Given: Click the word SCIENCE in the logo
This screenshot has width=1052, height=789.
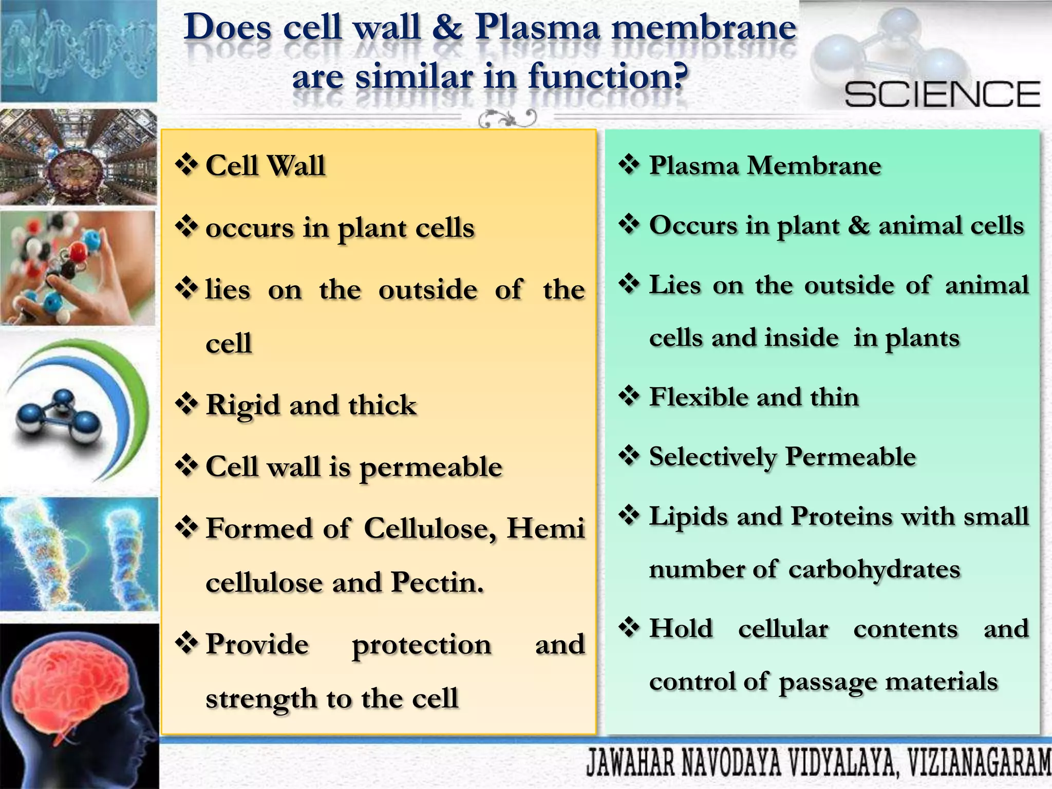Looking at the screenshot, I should [942, 94].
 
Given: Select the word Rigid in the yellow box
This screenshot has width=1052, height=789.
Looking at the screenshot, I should [242, 406].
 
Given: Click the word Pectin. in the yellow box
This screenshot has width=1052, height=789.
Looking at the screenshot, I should [437, 583].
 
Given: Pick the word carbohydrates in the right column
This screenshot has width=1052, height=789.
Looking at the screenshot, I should [874, 570].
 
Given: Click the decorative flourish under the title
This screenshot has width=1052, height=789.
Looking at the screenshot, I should [508, 119].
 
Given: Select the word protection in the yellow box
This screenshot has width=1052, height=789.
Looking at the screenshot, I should [421, 646].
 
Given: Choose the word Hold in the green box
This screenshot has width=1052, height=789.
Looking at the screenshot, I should [681, 629].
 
